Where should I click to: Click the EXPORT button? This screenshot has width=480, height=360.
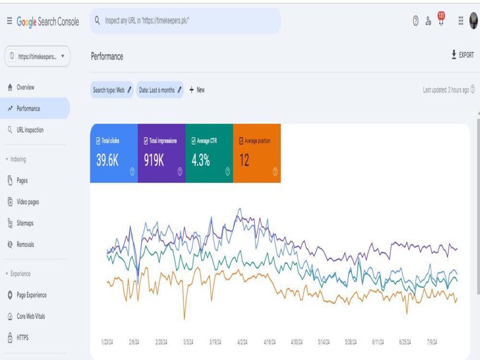463,55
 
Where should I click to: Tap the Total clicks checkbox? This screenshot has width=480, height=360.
98,141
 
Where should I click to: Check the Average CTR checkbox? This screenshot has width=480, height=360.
193,141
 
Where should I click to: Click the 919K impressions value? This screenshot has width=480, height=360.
154,160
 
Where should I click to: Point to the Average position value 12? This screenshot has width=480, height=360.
244,160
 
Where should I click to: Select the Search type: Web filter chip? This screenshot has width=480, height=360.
112,90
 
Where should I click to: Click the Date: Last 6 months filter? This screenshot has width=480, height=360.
160,90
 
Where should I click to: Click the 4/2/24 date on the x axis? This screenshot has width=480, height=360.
242,342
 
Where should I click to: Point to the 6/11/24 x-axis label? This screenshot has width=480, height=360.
378,342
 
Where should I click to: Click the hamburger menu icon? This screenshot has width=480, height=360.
10,21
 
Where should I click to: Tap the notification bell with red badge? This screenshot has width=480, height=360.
441,19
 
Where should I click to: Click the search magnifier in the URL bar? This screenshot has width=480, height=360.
97,21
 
